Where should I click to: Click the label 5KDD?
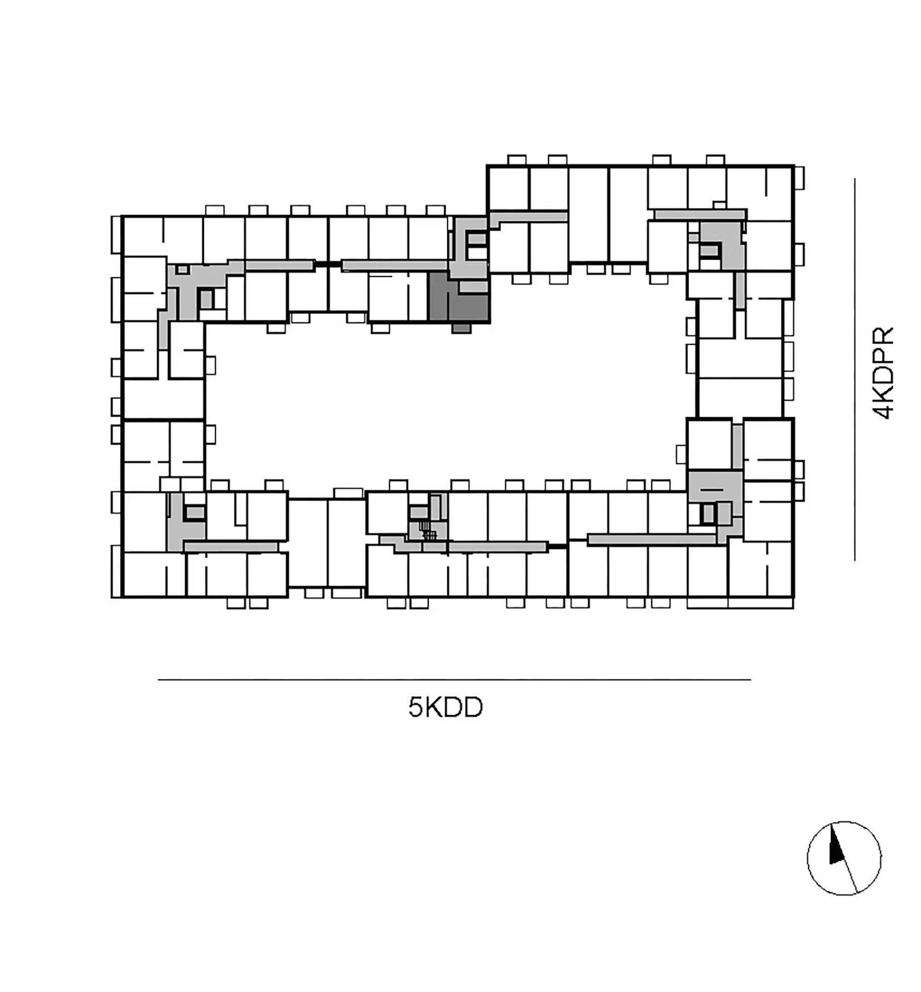(445, 707)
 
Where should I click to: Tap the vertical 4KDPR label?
(883, 373)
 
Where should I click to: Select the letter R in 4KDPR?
(883, 335)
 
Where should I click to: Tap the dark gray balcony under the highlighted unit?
(461, 328)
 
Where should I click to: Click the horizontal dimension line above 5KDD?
(454, 679)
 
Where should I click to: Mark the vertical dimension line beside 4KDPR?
(854, 369)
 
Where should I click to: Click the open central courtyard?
(448, 403)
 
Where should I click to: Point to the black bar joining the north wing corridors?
(328, 264)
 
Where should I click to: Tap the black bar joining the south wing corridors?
(558, 546)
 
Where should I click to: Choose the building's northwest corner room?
(143, 236)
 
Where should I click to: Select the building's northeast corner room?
(760, 194)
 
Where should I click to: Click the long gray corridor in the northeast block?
(700, 215)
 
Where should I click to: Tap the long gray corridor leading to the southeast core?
(652, 539)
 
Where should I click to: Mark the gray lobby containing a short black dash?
(715, 486)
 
